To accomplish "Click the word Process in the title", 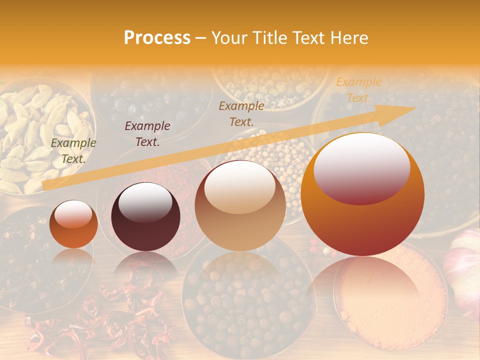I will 157,38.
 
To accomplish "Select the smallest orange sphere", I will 73,224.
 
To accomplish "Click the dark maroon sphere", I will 145,217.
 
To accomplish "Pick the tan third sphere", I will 240,206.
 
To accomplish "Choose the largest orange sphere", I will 362,195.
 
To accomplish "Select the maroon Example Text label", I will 147,134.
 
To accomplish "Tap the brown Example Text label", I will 241,113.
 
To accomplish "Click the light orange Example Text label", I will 358,90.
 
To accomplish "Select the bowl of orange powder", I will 390,300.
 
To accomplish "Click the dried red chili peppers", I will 100,320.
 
